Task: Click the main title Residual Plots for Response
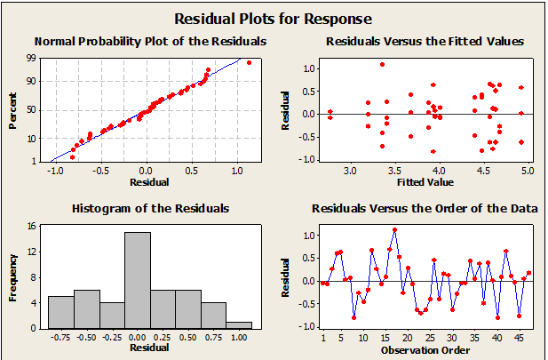(x=273, y=18)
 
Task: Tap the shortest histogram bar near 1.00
(x=239, y=324)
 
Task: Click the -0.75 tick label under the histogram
(x=60, y=338)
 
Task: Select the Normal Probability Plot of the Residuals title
(x=138, y=41)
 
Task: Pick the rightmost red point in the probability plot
(x=249, y=62)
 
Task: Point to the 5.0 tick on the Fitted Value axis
(x=529, y=170)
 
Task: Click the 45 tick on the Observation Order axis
(x=520, y=338)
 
